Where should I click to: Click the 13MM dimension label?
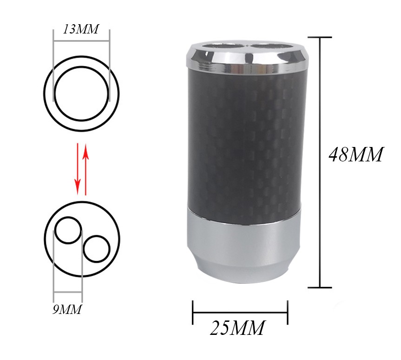(x=81, y=29)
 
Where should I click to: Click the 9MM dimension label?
(x=67, y=309)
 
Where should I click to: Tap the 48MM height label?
(x=355, y=154)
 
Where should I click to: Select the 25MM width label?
(x=237, y=328)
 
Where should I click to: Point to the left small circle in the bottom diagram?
(x=68, y=230)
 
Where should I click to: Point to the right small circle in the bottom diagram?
(x=97, y=249)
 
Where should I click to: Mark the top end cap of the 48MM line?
(x=320, y=37)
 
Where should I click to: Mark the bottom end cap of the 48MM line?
(x=320, y=287)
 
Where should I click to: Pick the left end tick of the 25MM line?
(x=193, y=312)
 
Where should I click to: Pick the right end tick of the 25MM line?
(x=288, y=312)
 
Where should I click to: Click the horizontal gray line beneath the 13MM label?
(x=81, y=41)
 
